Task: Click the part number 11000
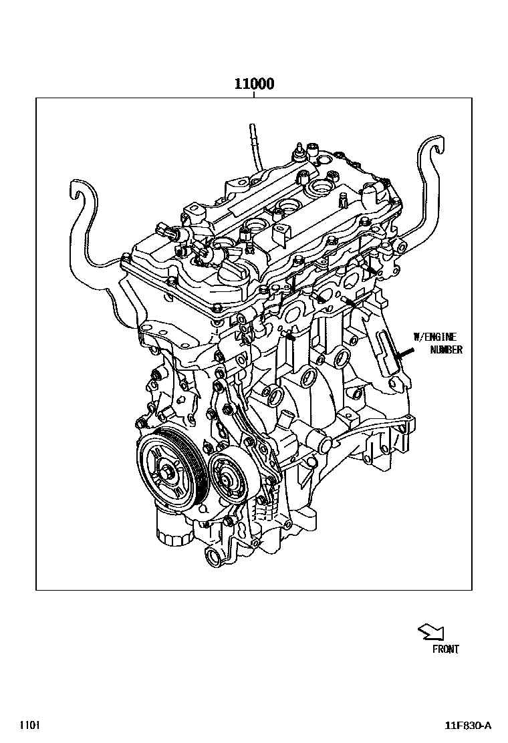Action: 254,85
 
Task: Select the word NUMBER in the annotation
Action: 445,349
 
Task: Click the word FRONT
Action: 445,649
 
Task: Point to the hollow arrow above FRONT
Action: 429,631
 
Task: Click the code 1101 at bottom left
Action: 29,725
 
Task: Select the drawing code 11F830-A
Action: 469,726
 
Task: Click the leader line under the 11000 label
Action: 254,95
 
